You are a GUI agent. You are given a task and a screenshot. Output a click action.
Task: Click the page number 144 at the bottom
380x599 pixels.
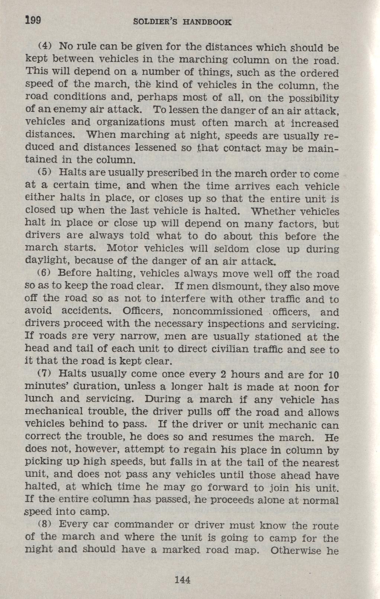coord(183,580)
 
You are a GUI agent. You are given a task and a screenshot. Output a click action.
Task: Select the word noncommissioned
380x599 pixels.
coord(218,312)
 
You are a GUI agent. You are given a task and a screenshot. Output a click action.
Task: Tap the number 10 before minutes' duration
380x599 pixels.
coord(334,374)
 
